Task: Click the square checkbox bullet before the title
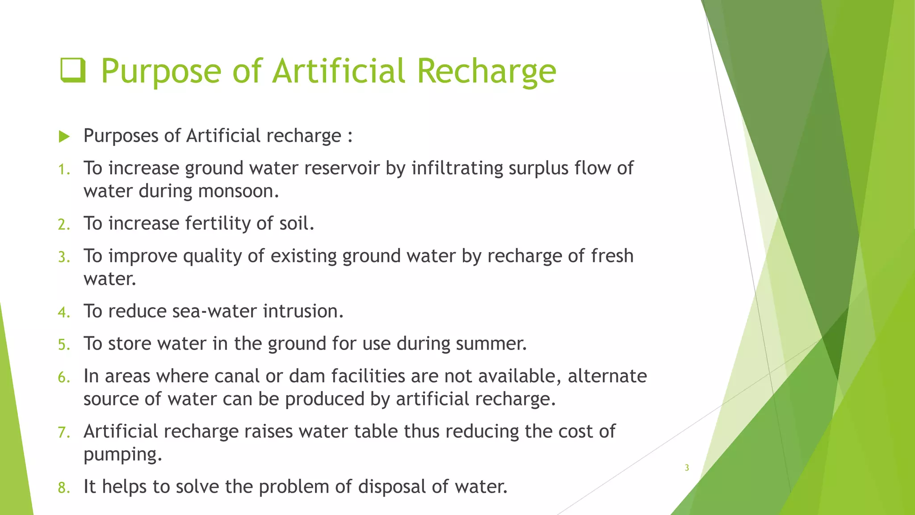coord(73,71)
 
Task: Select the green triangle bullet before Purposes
coord(64,136)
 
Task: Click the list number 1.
coord(64,169)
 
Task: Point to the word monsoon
coord(239,191)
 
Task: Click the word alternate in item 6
coord(607,376)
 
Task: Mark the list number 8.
coord(64,488)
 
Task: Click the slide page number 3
coord(687,468)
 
